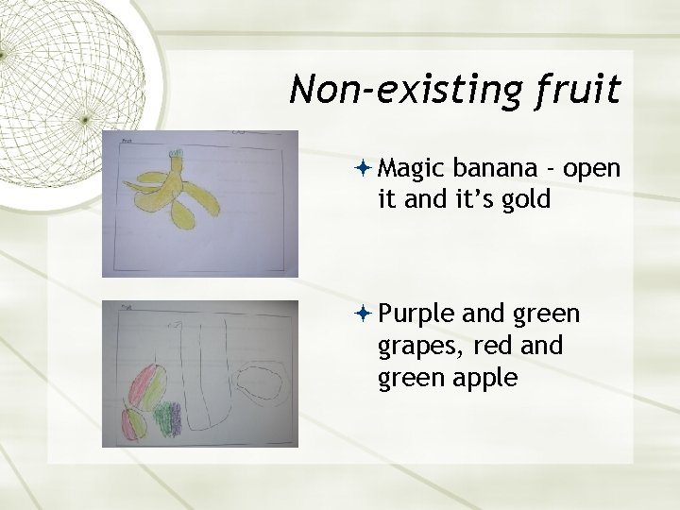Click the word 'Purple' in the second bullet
[x=416, y=313]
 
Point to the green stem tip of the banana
[x=175, y=155]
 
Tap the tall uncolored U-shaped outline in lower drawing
[x=205, y=378]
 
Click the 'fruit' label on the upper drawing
[x=127, y=141]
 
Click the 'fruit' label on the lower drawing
[x=127, y=306]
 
